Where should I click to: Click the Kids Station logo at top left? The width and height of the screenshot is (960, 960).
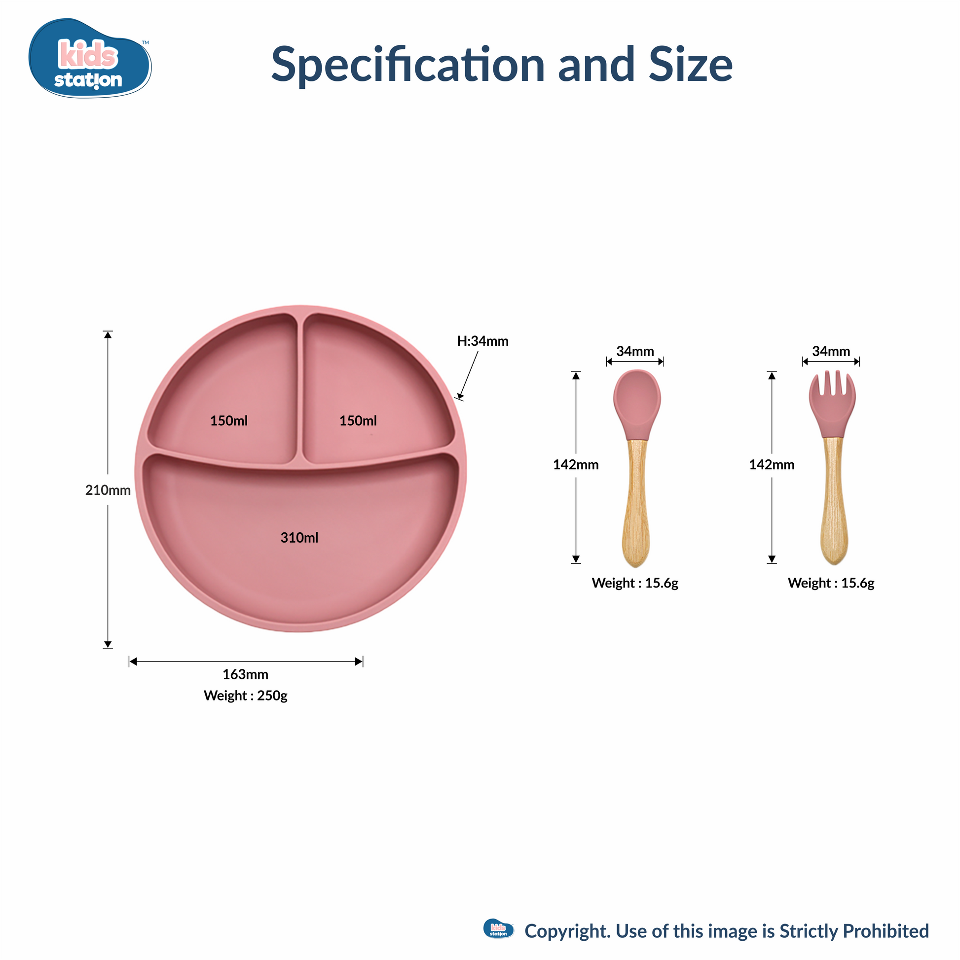[x=90, y=59]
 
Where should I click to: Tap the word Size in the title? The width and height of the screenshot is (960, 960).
[x=691, y=65]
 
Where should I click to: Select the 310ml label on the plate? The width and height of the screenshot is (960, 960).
[x=299, y=538]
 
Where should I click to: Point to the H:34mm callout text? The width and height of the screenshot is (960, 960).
[x=482, y=341]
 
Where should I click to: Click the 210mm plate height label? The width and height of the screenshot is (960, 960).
[x=108, y=490]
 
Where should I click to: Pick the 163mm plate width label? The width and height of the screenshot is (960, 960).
[x=246, y=674]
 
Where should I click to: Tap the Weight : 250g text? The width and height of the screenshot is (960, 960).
[x=246, y=696]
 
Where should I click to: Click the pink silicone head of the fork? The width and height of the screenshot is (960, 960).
[x=832, y=404]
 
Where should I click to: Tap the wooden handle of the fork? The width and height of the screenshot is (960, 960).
[x=833, y=501]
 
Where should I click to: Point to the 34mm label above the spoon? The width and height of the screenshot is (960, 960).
[x=635, y=351]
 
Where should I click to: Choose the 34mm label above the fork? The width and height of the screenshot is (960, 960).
[x=831, y=351]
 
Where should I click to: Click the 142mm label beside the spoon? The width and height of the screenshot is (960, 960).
[x=576, y=465]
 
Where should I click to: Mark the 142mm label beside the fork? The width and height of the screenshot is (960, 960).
[x=772, y=465]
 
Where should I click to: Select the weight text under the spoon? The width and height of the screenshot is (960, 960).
[x=635, y=584]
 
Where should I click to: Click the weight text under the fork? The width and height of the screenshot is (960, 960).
[x=831, y=584]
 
